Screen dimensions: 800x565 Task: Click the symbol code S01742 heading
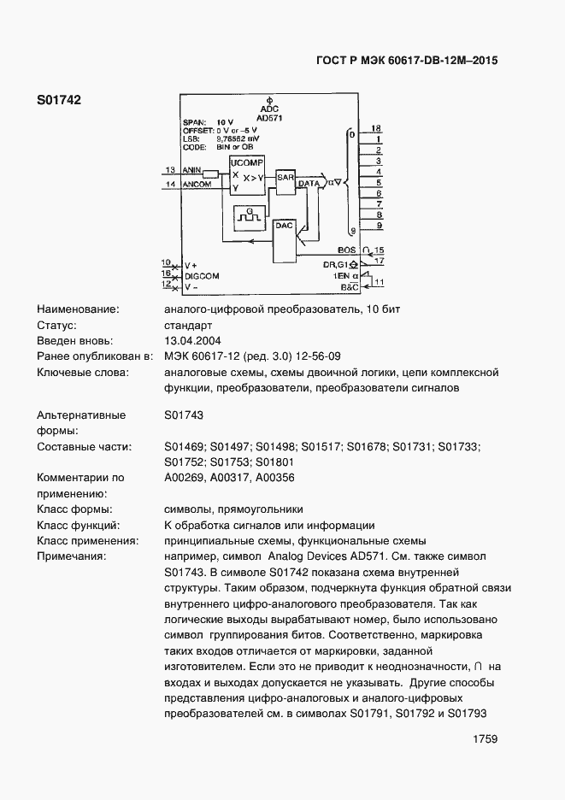[58, 100]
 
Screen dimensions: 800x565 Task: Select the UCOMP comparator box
[247, 172]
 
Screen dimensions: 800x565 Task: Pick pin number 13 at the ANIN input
[170, 169]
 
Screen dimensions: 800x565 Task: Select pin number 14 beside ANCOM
[170, 183]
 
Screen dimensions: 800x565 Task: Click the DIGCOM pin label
[202, 276]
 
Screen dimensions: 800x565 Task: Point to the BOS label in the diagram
[346, 250]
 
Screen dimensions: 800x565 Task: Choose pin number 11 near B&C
[379, 281]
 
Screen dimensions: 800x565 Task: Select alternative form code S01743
[184, 415]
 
